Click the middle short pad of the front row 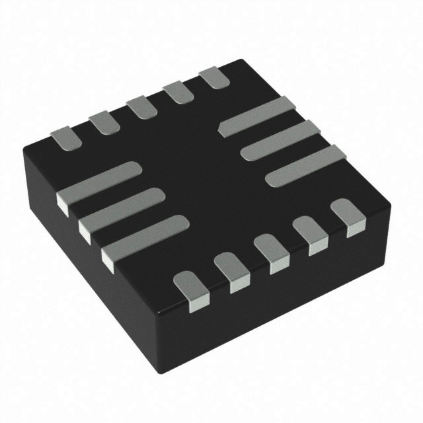pos(272,252)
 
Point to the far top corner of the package pos(241,61)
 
